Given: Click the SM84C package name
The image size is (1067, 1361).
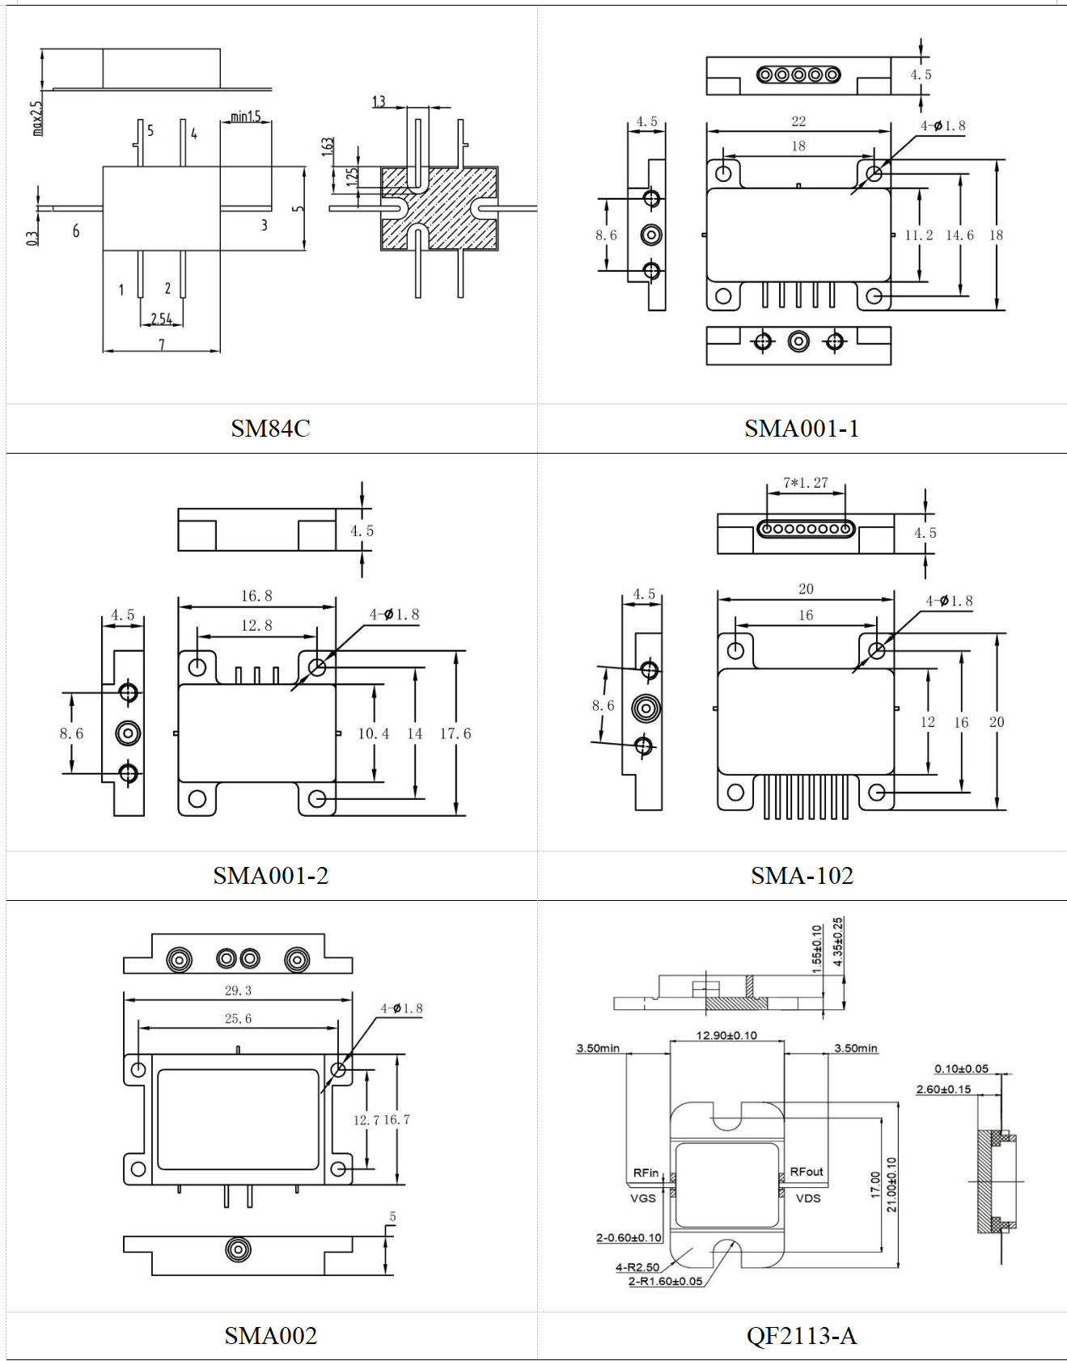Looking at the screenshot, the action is coord(270,428).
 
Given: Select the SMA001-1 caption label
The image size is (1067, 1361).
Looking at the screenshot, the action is coord(802,428).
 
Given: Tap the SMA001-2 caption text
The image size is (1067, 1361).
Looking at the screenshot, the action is coord(271,875).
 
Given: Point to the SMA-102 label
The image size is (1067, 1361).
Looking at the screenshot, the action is coord(802,875).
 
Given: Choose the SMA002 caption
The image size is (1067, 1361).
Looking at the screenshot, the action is coord(271,1335).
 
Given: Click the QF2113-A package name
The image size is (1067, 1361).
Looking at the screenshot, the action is coord(802,1335).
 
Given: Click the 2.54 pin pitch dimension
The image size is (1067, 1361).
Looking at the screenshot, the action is coord(162,319).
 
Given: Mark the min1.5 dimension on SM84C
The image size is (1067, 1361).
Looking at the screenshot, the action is coord(246,116).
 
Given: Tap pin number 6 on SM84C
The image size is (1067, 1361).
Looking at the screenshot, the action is coord(76,231).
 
